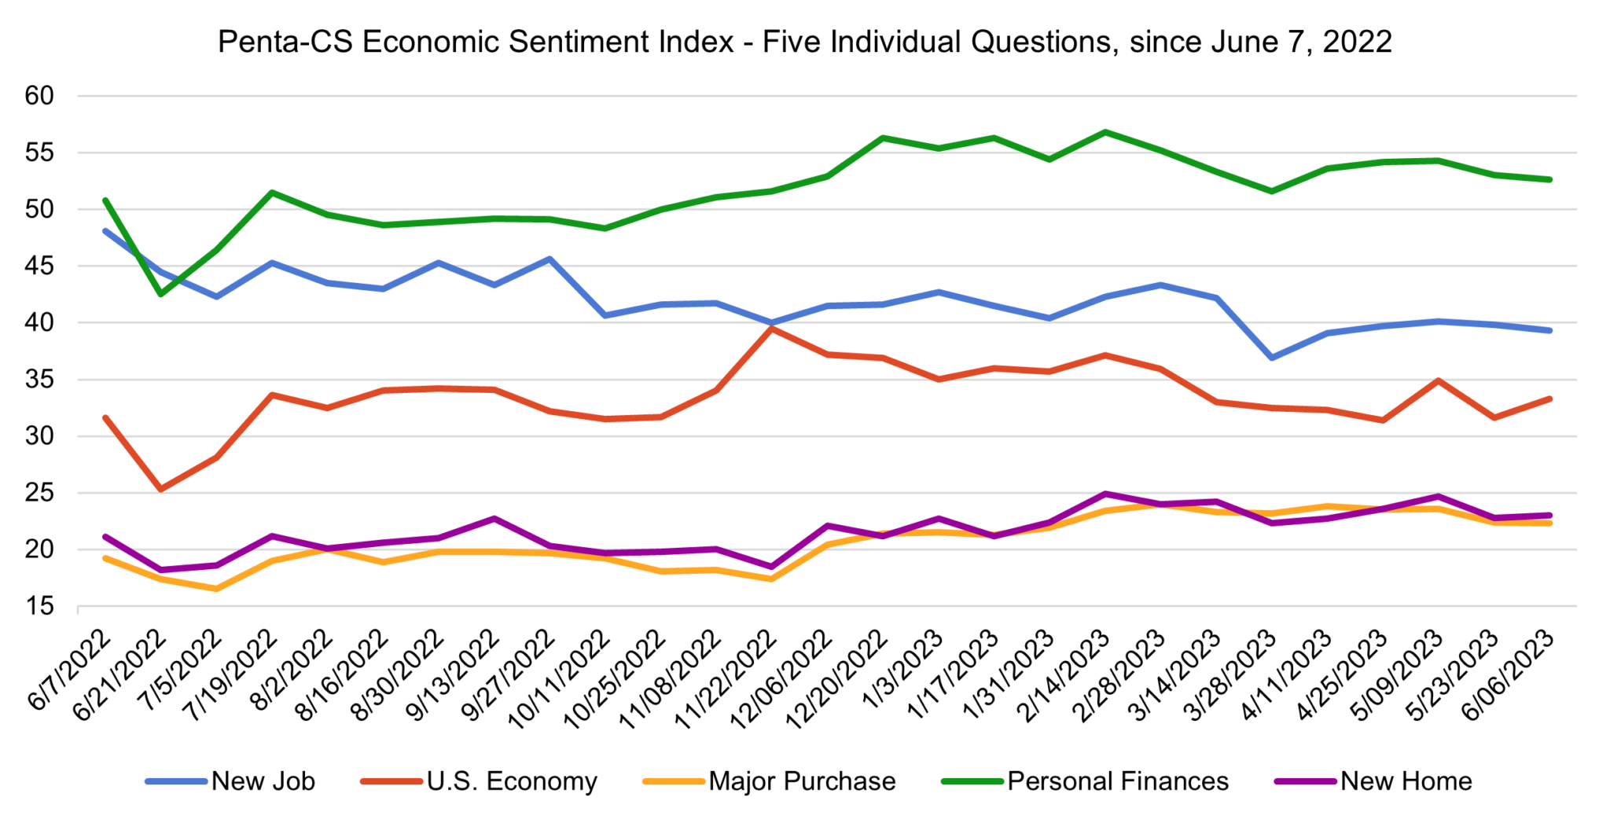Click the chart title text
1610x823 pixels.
tap(804, 42)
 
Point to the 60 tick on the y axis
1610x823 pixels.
tap(39, 96)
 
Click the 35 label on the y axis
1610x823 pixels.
tap(39, 380)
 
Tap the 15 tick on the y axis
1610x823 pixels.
tap(39, 606)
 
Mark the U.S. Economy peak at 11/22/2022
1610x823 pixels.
tap(772, 329)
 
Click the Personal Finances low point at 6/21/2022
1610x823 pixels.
tap(161, 294)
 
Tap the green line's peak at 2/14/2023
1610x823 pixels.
tap(1106, 132)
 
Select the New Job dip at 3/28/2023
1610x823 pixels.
tap(1272, 358)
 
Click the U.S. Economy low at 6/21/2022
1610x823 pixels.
tap(161, 489)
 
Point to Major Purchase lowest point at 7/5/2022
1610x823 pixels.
tap(216, 589)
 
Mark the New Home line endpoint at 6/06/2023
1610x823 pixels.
tap(1549, 516)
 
